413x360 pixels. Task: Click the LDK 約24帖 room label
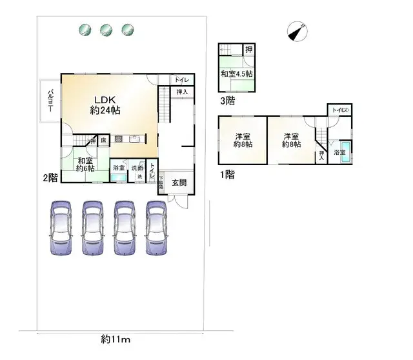click(105, 105)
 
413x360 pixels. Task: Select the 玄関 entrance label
click(180, 183)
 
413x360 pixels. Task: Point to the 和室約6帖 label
click(85, 165)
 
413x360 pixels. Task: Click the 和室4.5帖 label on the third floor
click(236, 74)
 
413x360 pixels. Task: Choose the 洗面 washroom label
click(137, 168)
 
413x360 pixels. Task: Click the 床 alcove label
click(103, 139)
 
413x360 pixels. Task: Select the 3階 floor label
click(227, 101)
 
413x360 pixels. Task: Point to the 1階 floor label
click(226, 174)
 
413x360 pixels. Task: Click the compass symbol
click(297, 30)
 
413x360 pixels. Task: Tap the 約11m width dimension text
click(116, 339)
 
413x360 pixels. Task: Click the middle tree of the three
click(106, 29)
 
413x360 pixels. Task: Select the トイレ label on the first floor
click(340, 110)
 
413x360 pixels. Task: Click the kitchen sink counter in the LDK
click(128, 138)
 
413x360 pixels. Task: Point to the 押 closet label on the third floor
click(248, 49)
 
